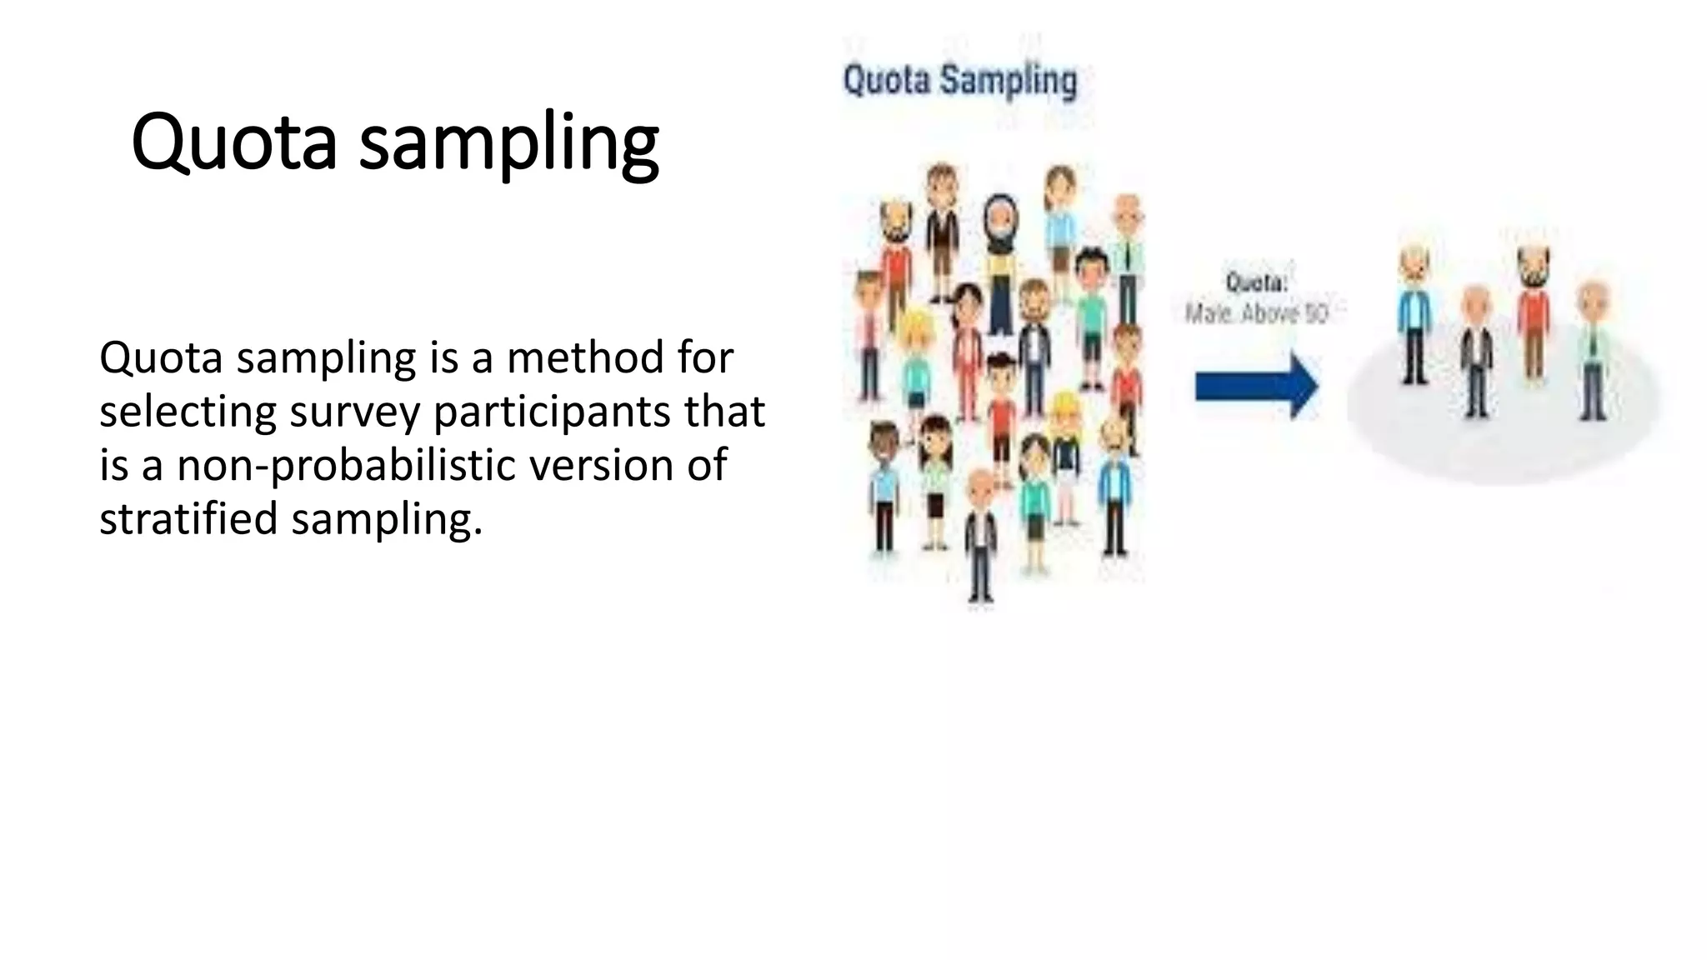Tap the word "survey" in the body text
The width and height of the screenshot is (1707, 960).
[354, 412]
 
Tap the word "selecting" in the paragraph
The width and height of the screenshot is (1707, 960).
[188, 412]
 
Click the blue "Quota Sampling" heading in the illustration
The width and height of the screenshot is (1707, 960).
[959, 81]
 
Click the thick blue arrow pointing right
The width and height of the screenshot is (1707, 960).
[1256, 386]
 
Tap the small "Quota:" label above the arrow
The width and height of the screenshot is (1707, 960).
[1256, 282]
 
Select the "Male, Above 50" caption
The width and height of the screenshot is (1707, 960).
[1256, 313]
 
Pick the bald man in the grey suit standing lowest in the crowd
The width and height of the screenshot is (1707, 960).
[981, 533]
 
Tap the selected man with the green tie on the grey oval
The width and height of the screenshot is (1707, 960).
[1593, 350]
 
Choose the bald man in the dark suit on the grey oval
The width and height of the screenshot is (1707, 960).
[1476, 350]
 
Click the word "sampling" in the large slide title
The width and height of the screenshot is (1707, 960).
[509, 143]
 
